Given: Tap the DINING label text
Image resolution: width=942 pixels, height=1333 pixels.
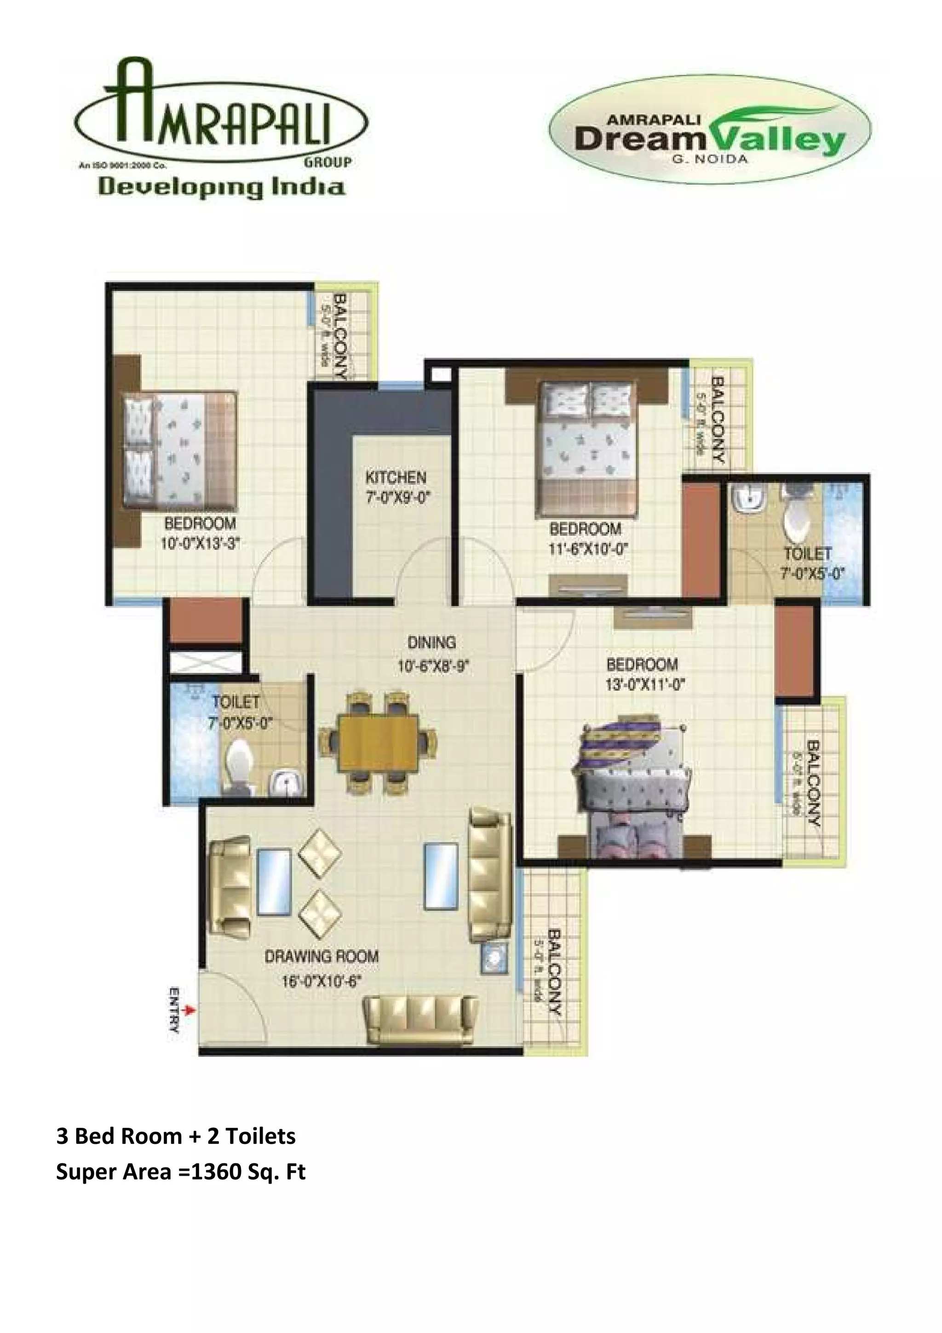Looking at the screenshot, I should point(431,643).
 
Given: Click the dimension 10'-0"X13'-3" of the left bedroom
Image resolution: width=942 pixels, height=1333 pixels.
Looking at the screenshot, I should point(200,543).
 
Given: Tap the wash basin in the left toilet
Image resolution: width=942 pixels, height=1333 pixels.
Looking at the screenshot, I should point(283,784).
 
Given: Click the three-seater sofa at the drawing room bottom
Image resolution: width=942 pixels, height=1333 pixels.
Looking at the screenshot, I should point(421,1020).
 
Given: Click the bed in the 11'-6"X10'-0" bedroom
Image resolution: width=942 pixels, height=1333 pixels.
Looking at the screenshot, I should point(587,447).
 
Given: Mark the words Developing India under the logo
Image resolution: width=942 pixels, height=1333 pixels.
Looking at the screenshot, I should point(221,187).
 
